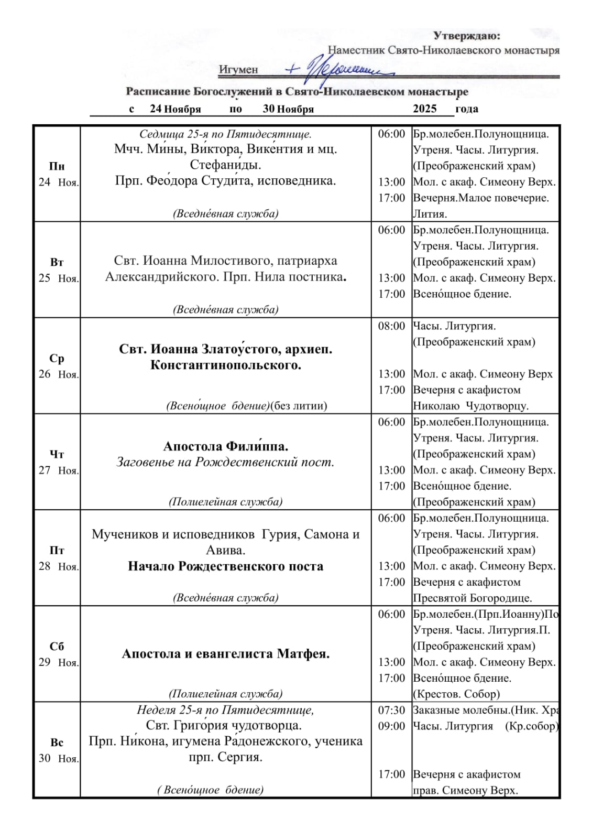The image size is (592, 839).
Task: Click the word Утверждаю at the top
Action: (467, 36)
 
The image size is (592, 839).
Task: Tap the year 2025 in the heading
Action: (424, 109)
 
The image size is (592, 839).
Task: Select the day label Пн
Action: (57, 166)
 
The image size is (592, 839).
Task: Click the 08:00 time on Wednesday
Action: (391, 326)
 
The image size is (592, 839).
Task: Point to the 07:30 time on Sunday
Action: (391, 710)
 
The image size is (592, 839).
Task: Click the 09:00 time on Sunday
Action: (391, 726)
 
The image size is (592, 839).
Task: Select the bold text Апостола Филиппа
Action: (226, 446)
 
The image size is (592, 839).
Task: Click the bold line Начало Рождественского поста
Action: (226, 566)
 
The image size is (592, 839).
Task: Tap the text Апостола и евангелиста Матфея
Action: (226, 654)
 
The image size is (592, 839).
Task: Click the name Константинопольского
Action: (226, 365)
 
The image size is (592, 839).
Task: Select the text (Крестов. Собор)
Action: (456, 694)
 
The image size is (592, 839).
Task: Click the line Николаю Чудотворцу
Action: (471, 406)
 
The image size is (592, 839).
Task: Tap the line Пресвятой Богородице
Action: (473, 598)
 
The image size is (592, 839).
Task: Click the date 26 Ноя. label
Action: (58, 374)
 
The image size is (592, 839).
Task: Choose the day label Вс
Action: (57, 743)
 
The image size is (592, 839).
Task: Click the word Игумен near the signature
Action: (238, 70)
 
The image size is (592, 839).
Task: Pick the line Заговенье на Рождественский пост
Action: (225, 462)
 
